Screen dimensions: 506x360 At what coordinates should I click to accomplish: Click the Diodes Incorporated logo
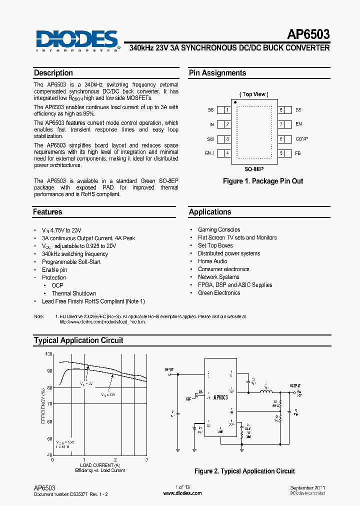coord(77,40)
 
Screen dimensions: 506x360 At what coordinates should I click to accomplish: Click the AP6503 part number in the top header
coord(308,34)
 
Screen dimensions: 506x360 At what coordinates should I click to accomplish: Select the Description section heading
coord(53,73)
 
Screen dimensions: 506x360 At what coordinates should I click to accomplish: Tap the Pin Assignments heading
coord(217,73)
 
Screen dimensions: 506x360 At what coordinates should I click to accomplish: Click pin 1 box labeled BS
coord(227,110)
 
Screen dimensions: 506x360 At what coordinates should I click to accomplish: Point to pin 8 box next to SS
coord(282,110)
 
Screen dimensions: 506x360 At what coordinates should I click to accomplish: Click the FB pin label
coord(298,153)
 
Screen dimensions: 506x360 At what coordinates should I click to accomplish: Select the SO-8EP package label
coord(254,169)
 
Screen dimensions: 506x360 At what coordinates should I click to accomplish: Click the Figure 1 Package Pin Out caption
coord(263,181)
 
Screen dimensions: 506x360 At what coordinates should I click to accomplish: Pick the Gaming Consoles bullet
coord(219,229)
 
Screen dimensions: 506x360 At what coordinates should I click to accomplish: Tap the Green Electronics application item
coord(219,293)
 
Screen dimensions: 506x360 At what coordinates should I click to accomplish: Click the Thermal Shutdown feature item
coord(74,293)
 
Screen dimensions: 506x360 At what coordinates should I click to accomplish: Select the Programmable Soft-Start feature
coord(71,262)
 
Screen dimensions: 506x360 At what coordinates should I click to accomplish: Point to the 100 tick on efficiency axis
coord(48,354)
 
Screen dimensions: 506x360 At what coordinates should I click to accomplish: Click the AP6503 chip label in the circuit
coord(220,397)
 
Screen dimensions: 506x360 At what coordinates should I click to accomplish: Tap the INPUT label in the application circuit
coord(169,369)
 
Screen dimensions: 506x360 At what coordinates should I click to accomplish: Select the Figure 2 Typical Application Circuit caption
coord(244,471)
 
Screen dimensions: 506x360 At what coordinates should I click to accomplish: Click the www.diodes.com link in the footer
coord(182,493)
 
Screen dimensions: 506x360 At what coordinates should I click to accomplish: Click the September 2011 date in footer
coord(307,487)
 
